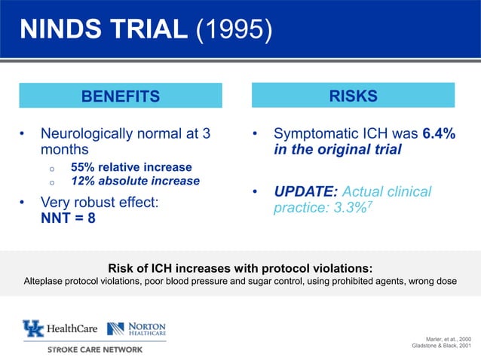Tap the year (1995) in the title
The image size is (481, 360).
[234, 32]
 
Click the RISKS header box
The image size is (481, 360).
[353, 96]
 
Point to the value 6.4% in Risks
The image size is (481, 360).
[438, 133]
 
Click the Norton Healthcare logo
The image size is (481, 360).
[136, 328]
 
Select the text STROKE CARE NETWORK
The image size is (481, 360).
[94, 349]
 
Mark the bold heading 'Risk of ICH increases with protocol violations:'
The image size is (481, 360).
[240, 267]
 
